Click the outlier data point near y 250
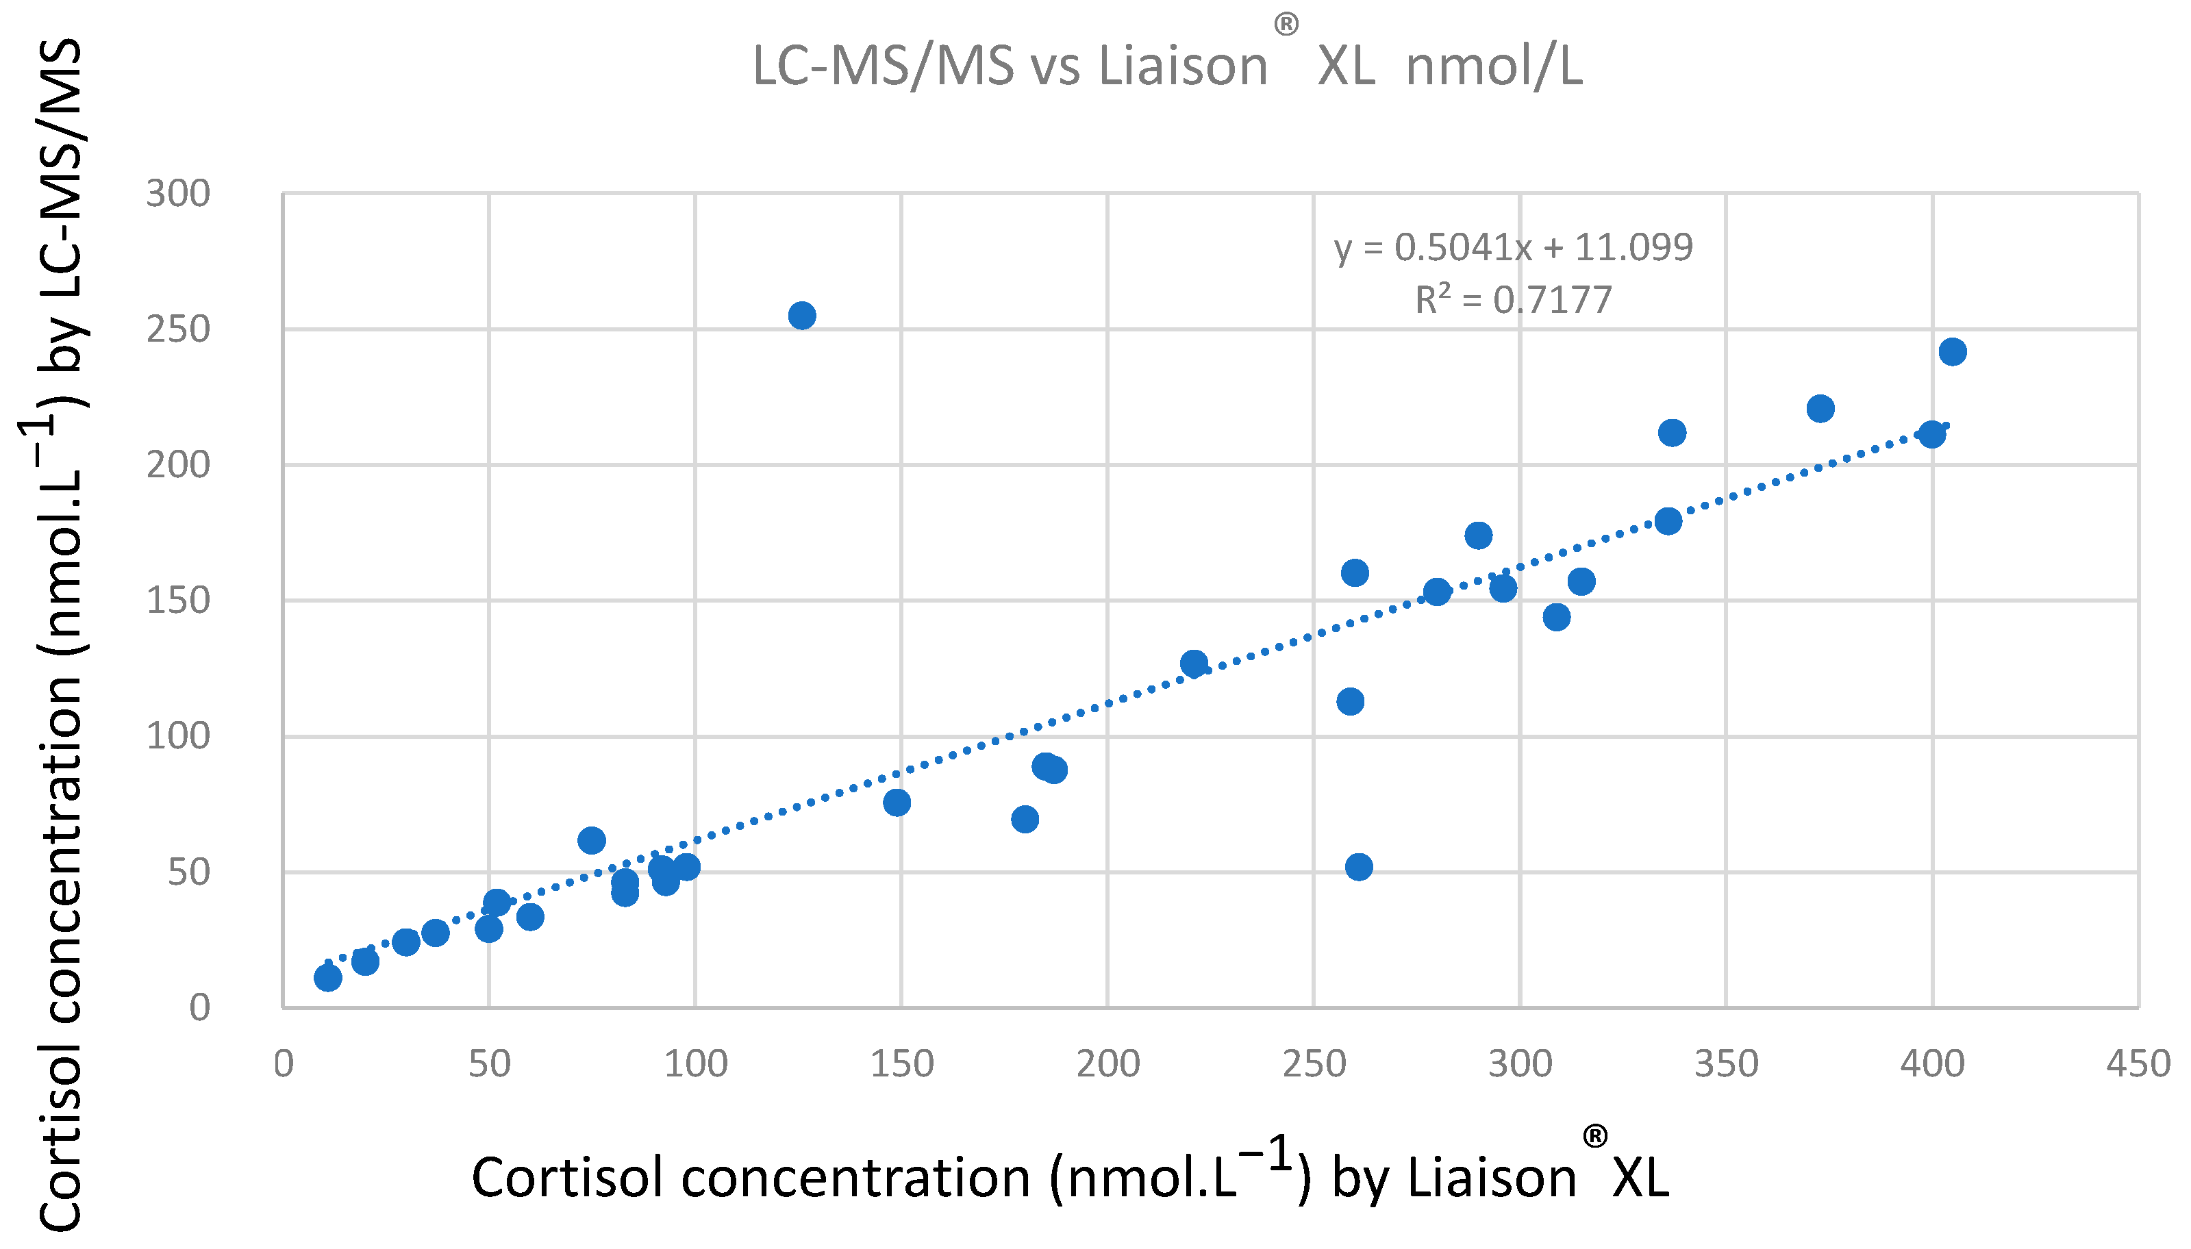coord(801,316)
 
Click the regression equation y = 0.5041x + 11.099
coord(1513,247)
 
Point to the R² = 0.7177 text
coord(1513,299)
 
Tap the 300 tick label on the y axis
coord(177,194)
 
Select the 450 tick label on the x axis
coord(2138,1063)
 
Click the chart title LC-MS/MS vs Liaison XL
coord(1166,65)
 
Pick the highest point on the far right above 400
coord(1953,352)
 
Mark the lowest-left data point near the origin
coord(327,978)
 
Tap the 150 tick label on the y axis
coord(177,601)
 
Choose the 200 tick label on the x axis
coord(1107,1063)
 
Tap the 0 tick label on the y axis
coord(199,1007)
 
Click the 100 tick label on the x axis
coord(695,1063)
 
